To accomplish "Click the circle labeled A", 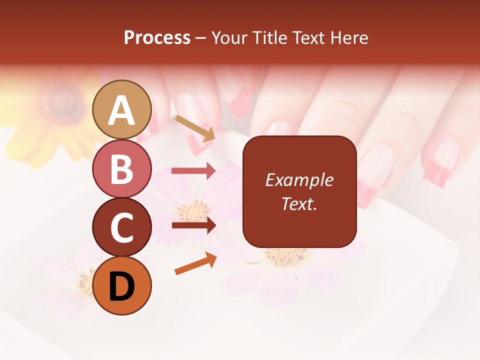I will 122,110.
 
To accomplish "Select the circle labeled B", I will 122,169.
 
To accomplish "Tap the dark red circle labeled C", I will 122,227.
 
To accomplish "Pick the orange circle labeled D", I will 122,286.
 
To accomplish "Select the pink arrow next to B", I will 193,170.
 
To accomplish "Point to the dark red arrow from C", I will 193,225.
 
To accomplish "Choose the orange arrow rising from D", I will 195,263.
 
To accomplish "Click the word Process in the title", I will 157,37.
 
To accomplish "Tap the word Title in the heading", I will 270,37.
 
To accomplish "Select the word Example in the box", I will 299,180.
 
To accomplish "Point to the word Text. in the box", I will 299,203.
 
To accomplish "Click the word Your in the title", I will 229,37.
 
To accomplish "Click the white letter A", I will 122,111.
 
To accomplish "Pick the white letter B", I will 122,169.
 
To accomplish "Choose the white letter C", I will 122,228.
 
